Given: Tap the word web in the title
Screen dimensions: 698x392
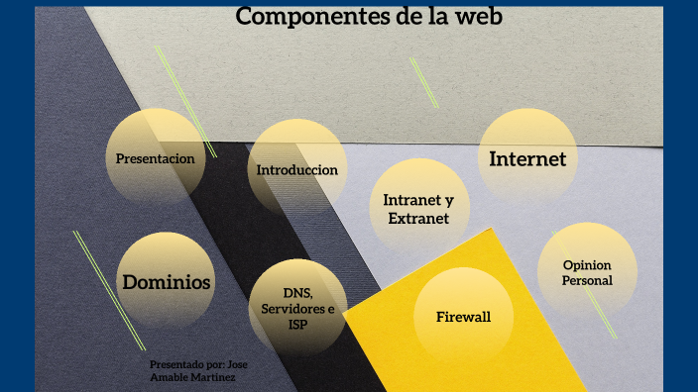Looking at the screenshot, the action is (479, 17).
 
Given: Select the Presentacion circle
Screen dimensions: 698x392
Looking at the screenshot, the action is (155, 157).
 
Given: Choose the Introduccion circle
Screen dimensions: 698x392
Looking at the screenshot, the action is (297, 169).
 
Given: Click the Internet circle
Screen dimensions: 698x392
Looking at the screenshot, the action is (527, 158).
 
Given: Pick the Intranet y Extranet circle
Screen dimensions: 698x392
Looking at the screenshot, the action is (418, 209).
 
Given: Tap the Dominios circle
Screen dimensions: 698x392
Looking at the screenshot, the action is (167, 282).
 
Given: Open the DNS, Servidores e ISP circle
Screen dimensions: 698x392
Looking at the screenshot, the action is (297, 308).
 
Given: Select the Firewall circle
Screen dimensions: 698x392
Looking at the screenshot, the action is (463, 317).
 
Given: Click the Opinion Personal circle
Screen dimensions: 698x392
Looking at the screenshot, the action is (587, 272).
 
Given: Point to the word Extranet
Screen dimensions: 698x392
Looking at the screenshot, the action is (418, 219).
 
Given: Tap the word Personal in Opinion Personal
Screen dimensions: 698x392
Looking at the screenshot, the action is (587, 280).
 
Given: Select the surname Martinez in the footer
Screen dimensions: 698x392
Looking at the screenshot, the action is (215, 377).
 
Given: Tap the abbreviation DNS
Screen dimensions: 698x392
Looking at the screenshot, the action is (297, 294).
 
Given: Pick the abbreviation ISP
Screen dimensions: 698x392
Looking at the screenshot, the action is (297, 323).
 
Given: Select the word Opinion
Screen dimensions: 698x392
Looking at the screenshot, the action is (587, 265).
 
